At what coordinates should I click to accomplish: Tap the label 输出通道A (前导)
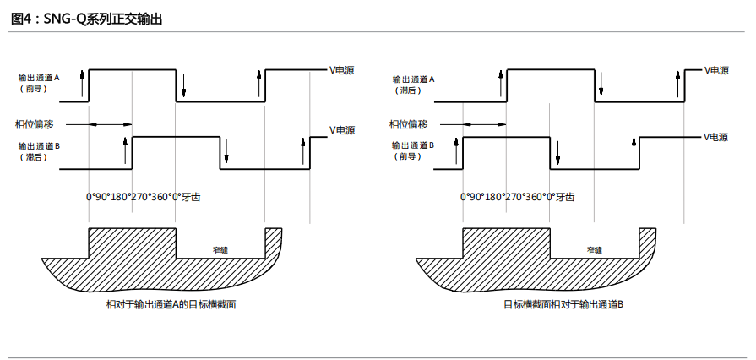tap(40, 82)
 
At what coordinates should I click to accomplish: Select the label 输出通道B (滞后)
tap(40, 150)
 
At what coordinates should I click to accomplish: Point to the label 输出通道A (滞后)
tap(413, 83)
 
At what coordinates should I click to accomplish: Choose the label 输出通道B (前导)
tap(413, 150)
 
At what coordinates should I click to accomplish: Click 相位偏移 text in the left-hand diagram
tap(34, 124)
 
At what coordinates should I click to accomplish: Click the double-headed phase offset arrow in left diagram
tap(110, 124)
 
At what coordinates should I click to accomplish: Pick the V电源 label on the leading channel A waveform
tap(342, 70)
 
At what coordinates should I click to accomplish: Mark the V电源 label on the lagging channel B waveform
tap(342, 130)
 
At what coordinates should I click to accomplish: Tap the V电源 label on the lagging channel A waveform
tap(716, 70)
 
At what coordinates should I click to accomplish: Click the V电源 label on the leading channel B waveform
tap(716, 136)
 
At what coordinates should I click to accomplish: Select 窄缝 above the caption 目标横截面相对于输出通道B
tap(595, 250)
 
